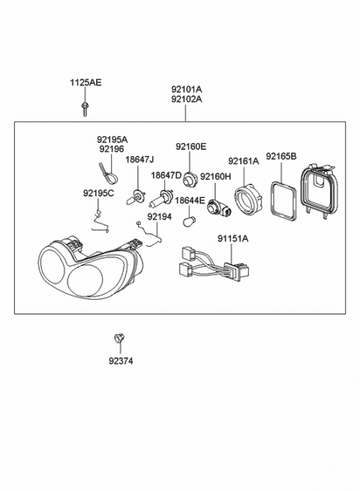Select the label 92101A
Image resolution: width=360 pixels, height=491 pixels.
click(x=187, y=88)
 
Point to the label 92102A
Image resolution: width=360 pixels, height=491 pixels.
click(x=187, y=98)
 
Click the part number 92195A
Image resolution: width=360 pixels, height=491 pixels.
click(x=112, y=139)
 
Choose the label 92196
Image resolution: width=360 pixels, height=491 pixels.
click(x=112, y=148)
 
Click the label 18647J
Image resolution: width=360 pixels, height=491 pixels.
click(x=139, y=160)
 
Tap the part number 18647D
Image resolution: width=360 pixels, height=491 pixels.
click(x=166, y=175)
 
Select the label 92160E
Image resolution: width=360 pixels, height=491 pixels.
click(x=191, y=146)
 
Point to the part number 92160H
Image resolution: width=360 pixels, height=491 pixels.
click(x=215, y=177)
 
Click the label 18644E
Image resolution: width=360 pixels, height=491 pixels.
click(x=190, y=200)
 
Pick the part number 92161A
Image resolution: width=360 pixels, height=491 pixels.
click(x=243, y=160)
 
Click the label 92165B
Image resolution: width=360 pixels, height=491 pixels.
click(x=282, y=156)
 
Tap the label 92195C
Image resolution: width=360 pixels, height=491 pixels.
click(x=98, y=193)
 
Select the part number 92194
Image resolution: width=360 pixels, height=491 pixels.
click(x=159, y=217)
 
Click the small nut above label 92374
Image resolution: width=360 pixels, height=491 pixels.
click(x=118, y=339)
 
